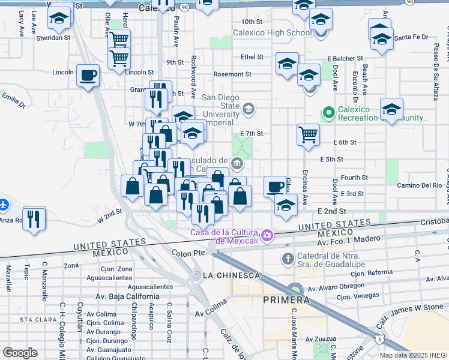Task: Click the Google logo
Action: click(20, 353)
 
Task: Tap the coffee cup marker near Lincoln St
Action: click(88, 76)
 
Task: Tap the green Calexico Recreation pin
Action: click(328, 112)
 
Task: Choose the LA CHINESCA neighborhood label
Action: click(231, 275)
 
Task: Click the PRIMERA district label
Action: click(286, 299)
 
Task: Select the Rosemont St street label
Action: click(232, 74)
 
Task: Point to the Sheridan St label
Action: click(53, 37)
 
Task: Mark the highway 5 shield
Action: click(379, 339)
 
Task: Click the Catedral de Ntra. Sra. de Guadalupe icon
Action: click(288, 259)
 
